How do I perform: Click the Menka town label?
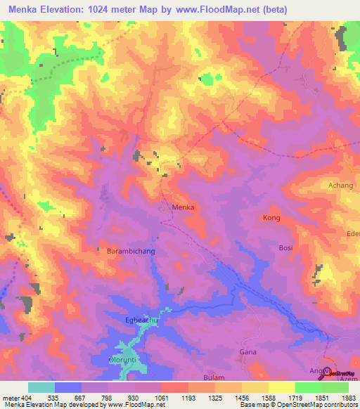[x=183, y=208]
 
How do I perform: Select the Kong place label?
[x=271, y=219]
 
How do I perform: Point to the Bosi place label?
[x=286, y=248]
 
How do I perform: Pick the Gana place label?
[x=247, y=351]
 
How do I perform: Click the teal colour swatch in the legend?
[x=41, y=387]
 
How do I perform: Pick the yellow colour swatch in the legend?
[x=281, y=387]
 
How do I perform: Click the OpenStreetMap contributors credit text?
[x=313, y=405]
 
